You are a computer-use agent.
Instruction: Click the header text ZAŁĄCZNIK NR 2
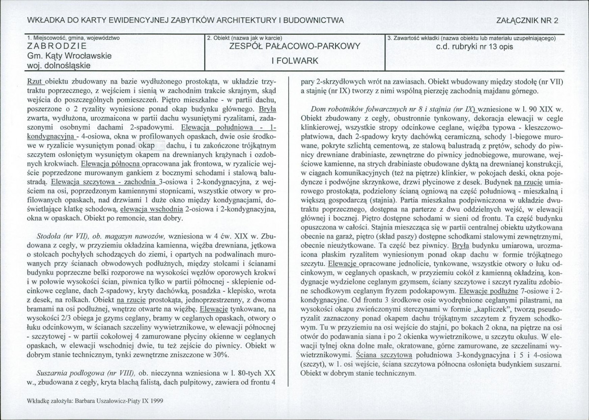tap(531, 20)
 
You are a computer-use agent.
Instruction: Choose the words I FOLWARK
tap(295, 61)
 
